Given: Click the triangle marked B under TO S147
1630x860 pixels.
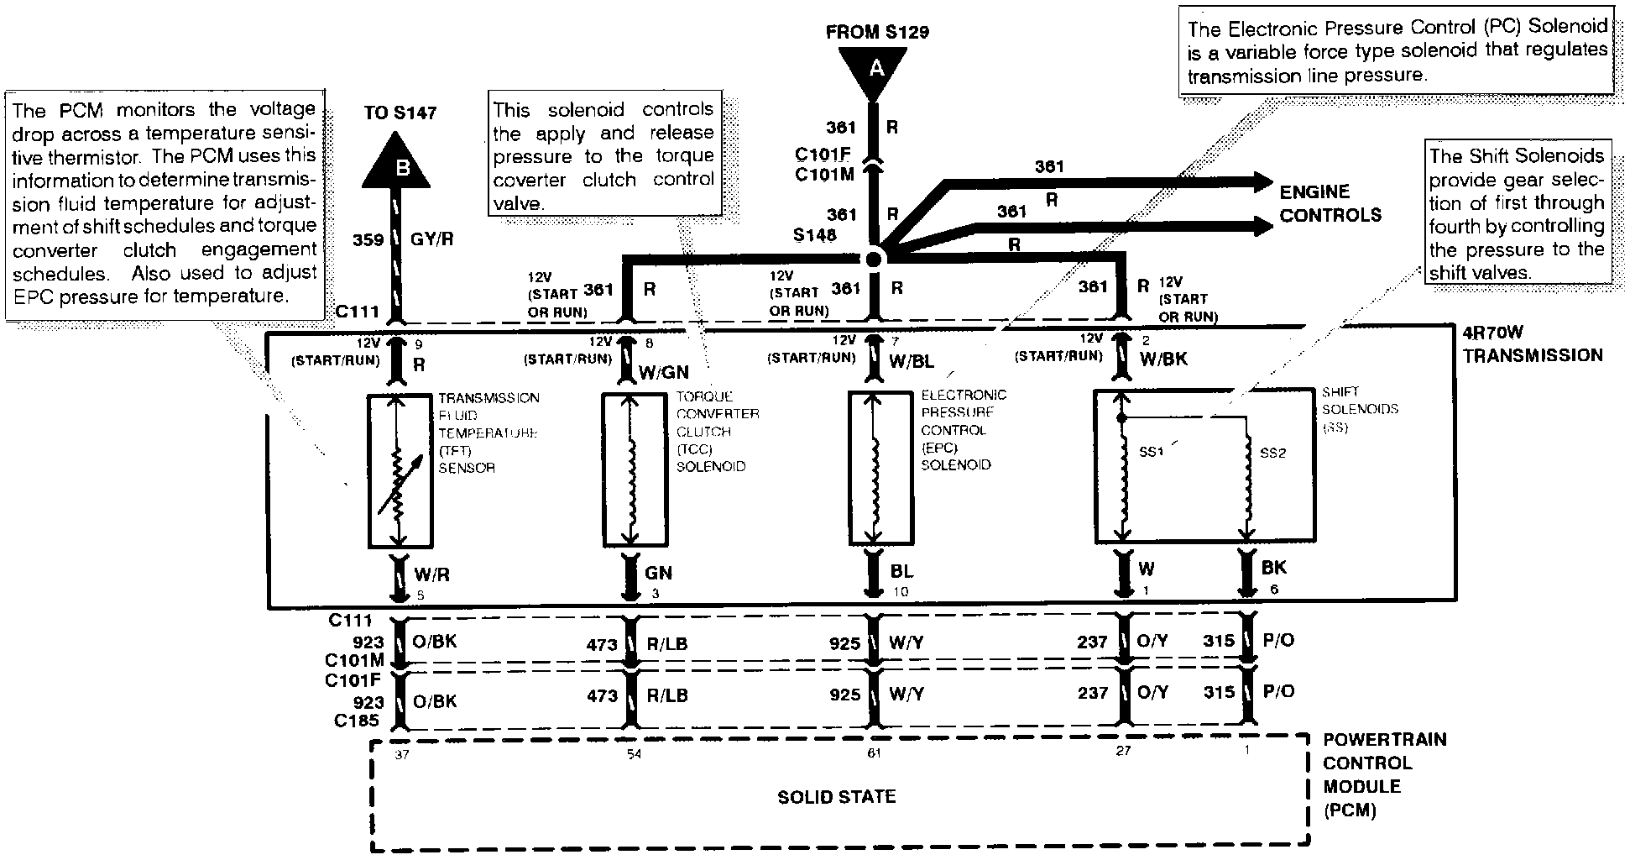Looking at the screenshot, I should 397,165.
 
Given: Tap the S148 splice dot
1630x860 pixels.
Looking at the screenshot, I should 874,258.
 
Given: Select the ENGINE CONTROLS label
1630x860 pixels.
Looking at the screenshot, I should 1330,203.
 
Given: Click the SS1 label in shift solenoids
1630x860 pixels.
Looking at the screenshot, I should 1151,453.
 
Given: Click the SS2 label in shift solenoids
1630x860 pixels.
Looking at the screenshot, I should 1272,454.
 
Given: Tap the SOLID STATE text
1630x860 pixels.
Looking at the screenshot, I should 836,796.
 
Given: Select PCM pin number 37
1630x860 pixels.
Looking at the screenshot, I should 401,754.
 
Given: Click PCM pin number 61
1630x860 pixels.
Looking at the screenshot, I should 875,753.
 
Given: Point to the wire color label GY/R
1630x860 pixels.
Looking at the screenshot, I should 433,239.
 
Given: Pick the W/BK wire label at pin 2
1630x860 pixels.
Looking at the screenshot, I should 1162,359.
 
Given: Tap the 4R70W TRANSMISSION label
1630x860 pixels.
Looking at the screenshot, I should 1531,344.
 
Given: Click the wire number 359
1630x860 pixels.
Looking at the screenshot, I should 368,240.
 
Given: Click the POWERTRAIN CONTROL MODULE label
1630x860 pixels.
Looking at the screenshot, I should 1384,774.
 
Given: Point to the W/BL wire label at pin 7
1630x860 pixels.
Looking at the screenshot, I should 912,363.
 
